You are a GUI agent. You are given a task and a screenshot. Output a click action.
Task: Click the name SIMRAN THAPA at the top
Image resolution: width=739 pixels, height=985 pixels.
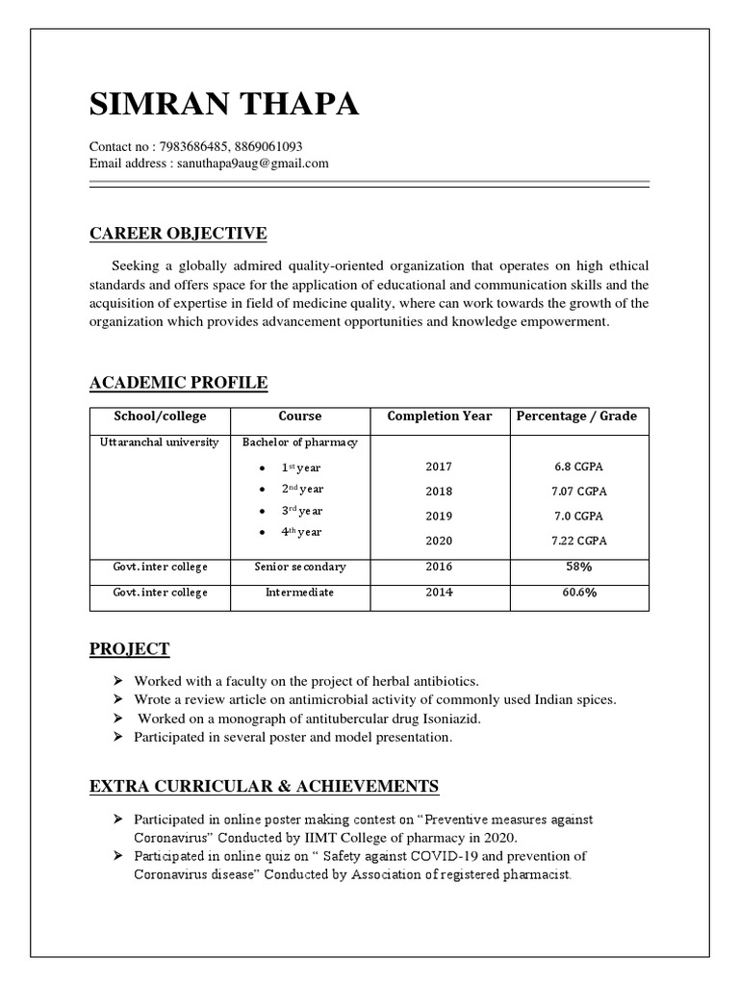pos(224,105)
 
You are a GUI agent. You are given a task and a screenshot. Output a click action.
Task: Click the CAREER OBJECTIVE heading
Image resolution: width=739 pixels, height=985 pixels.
pos(178,234)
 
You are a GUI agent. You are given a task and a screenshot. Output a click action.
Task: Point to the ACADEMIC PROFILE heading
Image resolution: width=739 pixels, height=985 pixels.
pos(178,383)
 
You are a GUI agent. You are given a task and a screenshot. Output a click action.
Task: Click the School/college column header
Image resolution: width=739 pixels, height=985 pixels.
pos(160,417)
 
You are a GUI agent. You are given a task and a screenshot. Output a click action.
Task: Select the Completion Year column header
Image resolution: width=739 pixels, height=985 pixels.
pos(439,417)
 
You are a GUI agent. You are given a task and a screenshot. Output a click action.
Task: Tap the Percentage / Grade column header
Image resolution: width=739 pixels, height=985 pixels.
pos(577,417)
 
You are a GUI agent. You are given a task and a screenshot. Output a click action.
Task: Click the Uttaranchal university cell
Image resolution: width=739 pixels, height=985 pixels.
pos(160,442)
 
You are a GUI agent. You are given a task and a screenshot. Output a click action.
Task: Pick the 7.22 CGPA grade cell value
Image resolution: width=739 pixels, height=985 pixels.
pos(579,541)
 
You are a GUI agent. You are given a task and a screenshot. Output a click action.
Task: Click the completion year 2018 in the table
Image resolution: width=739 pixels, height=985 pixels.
pos(438,492)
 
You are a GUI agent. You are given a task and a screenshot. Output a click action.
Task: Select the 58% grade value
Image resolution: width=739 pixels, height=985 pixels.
pos(579,567)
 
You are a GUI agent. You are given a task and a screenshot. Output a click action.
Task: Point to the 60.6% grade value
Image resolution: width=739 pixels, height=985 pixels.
pos(579,593)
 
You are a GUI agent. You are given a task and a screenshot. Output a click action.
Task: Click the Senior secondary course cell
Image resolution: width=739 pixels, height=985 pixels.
pos(300,567)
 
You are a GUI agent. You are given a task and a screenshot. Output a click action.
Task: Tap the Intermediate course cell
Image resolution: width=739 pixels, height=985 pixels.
pos(300,593)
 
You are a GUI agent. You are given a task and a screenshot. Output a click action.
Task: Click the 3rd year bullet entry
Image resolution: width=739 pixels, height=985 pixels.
pos(301,511)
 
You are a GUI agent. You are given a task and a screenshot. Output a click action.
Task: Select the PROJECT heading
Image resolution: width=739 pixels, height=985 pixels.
pos(129,648)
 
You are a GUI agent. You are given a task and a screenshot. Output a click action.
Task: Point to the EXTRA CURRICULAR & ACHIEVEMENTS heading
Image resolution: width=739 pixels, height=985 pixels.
pos(264,787)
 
